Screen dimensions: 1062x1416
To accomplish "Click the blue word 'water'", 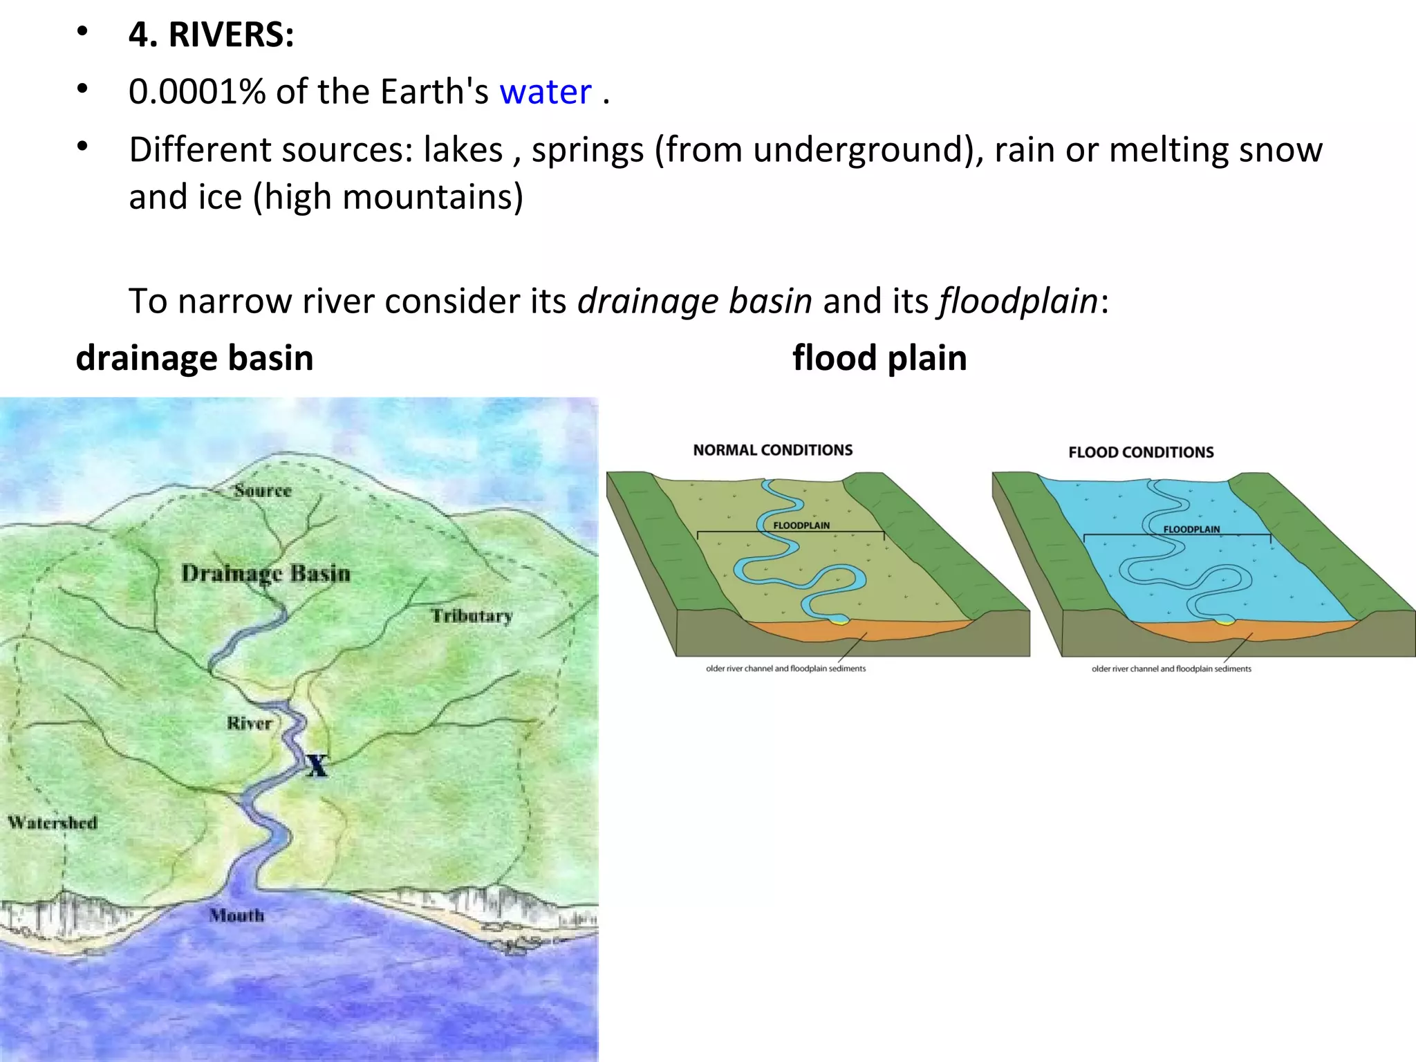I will [x=546, y=92].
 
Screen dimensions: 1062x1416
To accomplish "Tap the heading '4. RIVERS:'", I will [x=211, y=35].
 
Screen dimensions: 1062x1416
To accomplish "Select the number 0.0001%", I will [x=197, y=92].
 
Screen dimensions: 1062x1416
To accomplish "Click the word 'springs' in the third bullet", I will [x=588, y=150].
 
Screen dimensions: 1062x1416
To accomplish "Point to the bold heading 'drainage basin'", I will [x=194, y=358].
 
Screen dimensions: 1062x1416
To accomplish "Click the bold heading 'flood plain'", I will [x=879, y=358].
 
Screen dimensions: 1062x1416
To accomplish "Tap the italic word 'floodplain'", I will [x=1018, y=301].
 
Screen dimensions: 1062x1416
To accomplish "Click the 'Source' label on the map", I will [x=263, y=491].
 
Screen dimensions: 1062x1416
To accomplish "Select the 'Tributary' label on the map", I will [x=472, y=615].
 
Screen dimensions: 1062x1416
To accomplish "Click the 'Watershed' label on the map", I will [x=53, y=823].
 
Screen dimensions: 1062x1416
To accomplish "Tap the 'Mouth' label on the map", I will [x=237, y=915].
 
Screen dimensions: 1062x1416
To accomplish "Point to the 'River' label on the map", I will [x=250, y=723].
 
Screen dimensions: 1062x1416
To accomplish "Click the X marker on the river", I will [x=317, y=765].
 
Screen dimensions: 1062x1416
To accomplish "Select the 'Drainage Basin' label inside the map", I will [x=266, y=574].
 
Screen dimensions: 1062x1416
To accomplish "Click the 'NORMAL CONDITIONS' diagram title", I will [x=773, y=450].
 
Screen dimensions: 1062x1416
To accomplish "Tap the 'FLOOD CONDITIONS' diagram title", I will [x=1141, y=452].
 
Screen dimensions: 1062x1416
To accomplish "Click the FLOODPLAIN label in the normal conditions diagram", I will [x=801, y=525].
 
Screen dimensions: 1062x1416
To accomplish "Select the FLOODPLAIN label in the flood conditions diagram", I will [x=1191, y=530].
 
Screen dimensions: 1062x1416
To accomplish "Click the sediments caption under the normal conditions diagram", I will [x=785, y=669].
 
